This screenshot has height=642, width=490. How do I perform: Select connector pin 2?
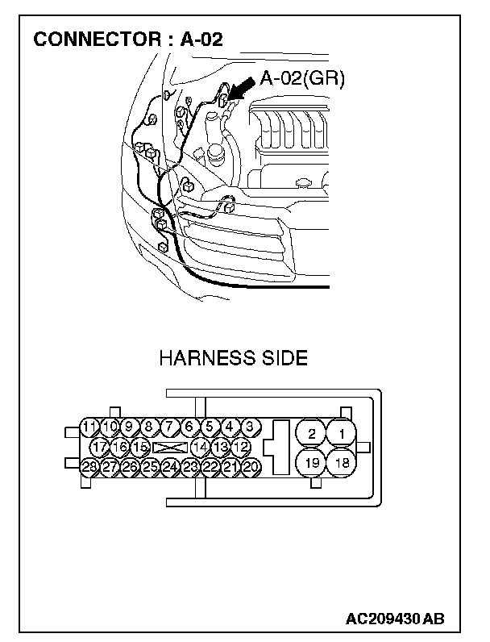pos(311,435)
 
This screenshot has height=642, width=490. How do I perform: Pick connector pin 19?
pos(311,463)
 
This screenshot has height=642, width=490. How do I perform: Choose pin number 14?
pos(201,446)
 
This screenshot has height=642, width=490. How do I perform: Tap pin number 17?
pos(99,446)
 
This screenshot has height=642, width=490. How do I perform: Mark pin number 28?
pos(89,466)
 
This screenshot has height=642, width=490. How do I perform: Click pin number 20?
pos(250,466)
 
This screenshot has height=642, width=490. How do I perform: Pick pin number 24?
pos(169,466)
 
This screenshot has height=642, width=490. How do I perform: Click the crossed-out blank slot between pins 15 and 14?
pos(169,446)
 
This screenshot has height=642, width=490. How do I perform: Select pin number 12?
pos(241,446)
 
